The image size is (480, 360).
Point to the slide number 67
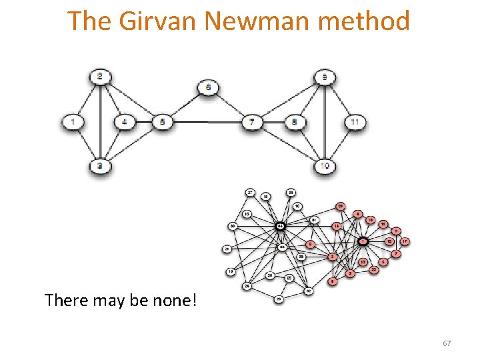[447, 343]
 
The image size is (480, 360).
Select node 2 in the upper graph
[100, 77]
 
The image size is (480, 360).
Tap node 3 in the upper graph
[100, 165]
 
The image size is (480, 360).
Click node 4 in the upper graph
[124, 122]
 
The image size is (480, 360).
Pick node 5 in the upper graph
[162, 122]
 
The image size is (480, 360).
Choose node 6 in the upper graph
[208, 87]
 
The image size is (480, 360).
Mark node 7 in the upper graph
[251, 122]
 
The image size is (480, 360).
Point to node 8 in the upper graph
[295, 122]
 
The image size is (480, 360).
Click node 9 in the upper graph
[325, 77]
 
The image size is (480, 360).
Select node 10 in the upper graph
[325, 165]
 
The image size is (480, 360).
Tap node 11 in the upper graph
[356, 122]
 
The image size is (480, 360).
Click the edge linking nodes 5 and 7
[207, 122]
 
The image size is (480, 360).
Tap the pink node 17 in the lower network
[404, 241]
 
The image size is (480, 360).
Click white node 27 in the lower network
[250, 193]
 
